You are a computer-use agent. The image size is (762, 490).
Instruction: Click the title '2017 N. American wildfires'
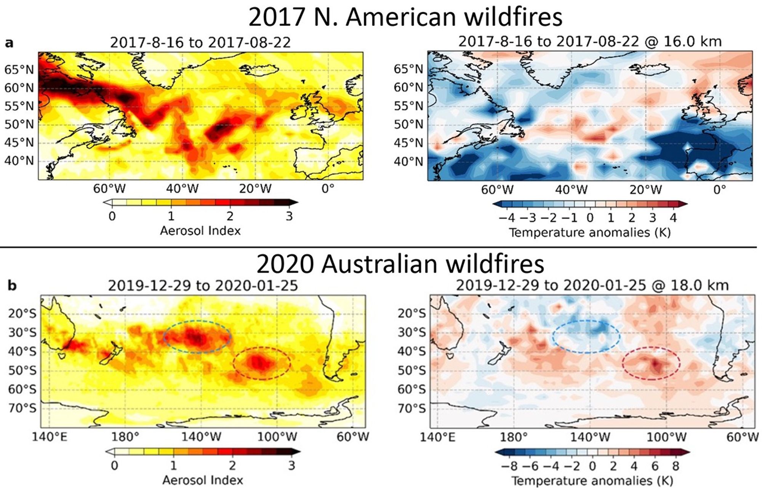click(x=405, y=17)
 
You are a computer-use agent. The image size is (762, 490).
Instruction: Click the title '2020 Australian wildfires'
click(x=400, y=264)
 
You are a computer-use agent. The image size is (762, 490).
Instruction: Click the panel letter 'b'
click(x=12, y=286)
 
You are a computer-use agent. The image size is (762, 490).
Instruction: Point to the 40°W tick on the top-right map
click(x=571, y=189)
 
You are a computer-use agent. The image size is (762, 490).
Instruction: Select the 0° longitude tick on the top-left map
click(x=328, y=189)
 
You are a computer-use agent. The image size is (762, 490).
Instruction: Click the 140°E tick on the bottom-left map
click(x=50, y=437)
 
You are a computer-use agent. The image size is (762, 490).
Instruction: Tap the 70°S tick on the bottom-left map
click(x=22, y=408)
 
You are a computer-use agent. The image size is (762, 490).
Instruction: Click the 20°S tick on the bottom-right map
click(x=412, y=313)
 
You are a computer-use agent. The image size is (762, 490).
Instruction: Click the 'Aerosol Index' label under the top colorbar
click(x=200, y=231)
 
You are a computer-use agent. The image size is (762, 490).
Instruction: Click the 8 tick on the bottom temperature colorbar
click(x=676, y=466)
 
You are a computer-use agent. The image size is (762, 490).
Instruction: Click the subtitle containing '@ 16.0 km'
click(x=590, y=41)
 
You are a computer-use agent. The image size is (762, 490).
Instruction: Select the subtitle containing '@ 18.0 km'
click(x=592, y=285)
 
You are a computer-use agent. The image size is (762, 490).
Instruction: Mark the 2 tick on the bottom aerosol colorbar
click(x=232, y=466)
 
